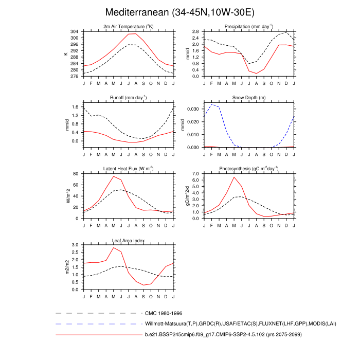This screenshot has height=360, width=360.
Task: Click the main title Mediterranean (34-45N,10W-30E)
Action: tap(179, 12)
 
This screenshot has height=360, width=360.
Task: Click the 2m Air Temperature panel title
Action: tap(128, 26)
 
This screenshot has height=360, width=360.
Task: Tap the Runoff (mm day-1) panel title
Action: tap(128, 97)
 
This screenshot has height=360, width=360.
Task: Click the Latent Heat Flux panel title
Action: tap(128, 168)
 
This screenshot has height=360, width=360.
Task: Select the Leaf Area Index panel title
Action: tap(128, 240)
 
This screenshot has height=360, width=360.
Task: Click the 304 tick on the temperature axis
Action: tap(75, 32)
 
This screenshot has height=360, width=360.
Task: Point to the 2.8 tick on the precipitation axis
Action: tap(195, 32)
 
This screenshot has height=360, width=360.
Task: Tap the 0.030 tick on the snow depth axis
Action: tap(193, 110)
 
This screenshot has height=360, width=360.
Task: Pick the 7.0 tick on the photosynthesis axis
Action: tap(195, 174)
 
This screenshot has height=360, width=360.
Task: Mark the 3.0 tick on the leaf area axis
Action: tap(75, 245)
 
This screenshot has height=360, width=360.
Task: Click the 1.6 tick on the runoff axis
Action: tap(75, 107)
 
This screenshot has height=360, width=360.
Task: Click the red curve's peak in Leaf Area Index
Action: tap(113, 248)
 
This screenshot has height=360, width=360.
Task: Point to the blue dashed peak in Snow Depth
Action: tap(212, 104)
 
